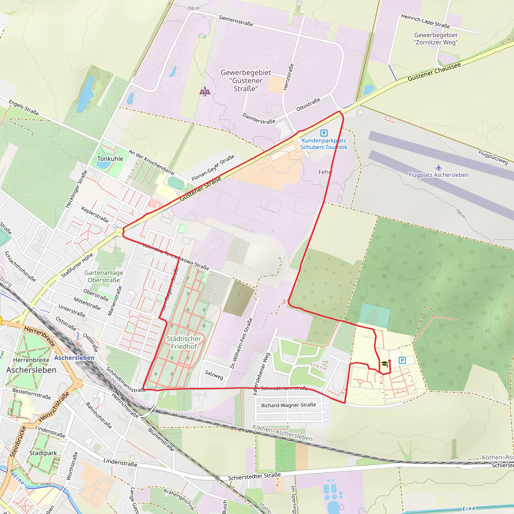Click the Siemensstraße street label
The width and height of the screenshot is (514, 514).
coord(236,21)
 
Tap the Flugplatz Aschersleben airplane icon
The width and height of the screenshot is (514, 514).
coord(439,168)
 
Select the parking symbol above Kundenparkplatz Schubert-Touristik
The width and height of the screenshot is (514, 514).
coord(324,133)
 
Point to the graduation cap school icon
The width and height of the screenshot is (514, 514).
coord(384,363)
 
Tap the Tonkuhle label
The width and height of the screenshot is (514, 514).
coord(110,159)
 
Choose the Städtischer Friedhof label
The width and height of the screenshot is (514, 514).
coord(184,342)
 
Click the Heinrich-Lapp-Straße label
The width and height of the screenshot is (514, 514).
coord(425,21)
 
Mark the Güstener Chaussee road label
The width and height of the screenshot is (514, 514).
coord(434,72)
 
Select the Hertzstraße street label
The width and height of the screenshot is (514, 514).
coord(288,77)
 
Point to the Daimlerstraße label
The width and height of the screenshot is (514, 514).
coord(259,118)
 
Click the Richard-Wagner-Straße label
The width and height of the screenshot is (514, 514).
coord(289,405)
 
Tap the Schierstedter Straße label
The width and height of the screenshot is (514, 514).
coord(254,476)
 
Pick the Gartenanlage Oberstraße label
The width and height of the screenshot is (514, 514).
coord(104,276)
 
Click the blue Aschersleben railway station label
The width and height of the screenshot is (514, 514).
coord(74,358)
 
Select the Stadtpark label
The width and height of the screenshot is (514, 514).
coord(43,453)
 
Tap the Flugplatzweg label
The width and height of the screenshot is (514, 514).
coord(493,157)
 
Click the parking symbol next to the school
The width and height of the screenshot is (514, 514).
coord(402,360)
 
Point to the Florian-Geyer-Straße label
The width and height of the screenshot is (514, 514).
coord(213,168)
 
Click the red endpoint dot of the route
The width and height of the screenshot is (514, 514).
coord(390,361)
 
